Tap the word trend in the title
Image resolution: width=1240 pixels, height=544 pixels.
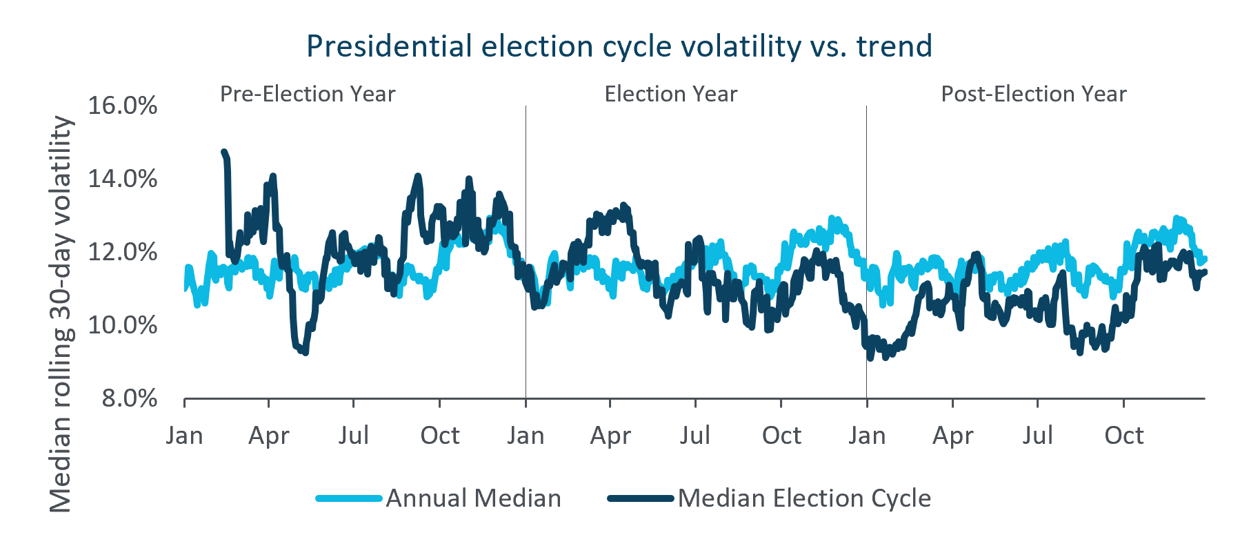(x=894, y=46)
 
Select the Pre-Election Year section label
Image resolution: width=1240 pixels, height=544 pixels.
(x=308, y=94)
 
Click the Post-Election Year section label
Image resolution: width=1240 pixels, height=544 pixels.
(x=1034, y=94)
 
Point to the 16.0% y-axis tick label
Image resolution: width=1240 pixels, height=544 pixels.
(x=123, y=106)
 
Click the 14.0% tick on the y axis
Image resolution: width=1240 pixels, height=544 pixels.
(x=123, y=179)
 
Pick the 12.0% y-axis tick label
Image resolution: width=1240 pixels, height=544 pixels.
(x=123, y=252)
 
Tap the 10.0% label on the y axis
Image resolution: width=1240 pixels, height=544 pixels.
(x=123, y=325)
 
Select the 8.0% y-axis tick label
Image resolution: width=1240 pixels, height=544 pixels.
(x=130, y=398)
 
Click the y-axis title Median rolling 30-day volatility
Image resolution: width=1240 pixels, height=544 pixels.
(x=61, y=314)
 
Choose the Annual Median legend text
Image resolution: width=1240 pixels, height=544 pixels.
(x=474, y=498)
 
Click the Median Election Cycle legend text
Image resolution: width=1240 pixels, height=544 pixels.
(x=804, y=498)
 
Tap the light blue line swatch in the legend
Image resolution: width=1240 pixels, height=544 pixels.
(x=349, y=498)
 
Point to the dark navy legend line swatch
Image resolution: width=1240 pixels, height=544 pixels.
(x=641, y=498)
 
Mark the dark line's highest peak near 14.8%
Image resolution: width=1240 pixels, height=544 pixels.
(x=223, y=151)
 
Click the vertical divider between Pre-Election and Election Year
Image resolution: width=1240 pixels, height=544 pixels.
(x=526, y=252)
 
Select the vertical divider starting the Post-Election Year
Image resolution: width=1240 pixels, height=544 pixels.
(x=867, y=252)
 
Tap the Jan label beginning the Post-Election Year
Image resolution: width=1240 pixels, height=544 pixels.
(x=867, y=436)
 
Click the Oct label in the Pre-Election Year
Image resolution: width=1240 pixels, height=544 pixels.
(x=440, y=436)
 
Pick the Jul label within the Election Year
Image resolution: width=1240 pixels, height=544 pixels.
(x=695, y=436)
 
